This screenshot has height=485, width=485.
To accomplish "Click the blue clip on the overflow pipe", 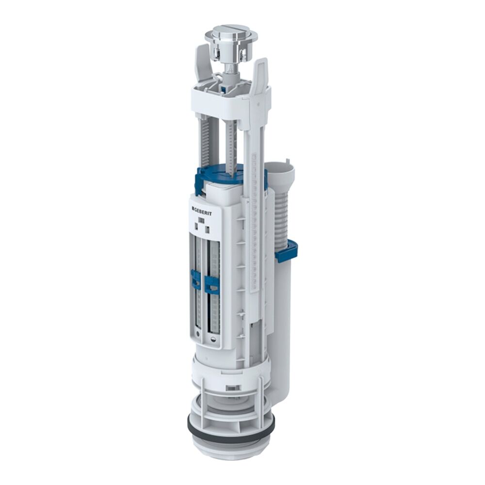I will [x=286, y=250].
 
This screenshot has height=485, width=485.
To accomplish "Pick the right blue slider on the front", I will [x=212, y=285].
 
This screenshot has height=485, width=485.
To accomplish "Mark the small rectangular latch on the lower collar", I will [x=233, y=388].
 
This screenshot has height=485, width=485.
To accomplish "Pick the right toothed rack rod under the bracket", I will [x=232, y=141].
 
